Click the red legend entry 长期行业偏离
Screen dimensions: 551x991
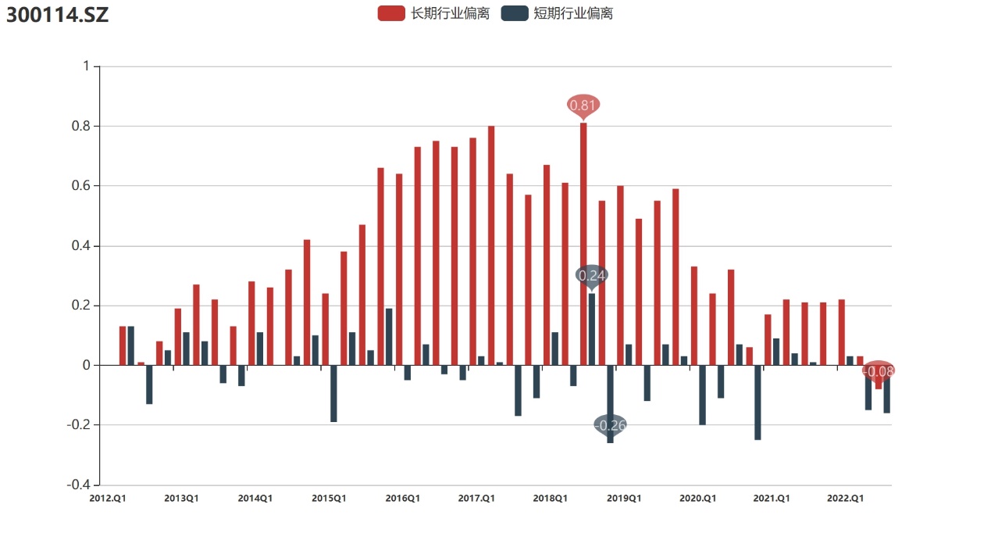(x=433, y=13)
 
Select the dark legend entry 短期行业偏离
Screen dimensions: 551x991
(x=557, y=13)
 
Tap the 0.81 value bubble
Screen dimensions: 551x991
(x=583, y=105)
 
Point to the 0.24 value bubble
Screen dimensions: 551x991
(x=592, y=275)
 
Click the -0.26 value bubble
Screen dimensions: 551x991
(x=611, y=425)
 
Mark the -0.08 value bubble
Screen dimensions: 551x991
(x=879, y=370)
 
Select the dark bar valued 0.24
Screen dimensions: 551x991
(x=592, y=329)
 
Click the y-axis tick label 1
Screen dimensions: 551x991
(x=86, y=66)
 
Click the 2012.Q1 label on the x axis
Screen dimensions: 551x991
(x=108, y=498)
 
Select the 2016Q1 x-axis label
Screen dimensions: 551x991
(x=403, y=498)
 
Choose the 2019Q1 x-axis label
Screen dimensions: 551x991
(x=624, y=498)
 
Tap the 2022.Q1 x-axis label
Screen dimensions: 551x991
(x=846, y=498)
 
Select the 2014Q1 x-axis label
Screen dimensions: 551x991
(x=255, y=498)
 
